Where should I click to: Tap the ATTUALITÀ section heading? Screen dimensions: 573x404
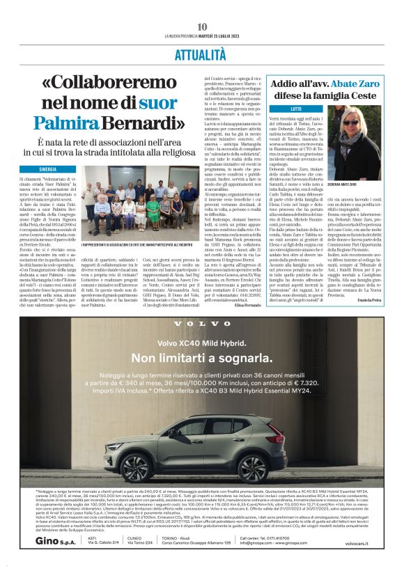click(202, 53)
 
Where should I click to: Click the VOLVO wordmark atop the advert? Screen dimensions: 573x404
click(202, 324)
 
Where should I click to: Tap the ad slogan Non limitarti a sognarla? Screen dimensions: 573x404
click(202, 358)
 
